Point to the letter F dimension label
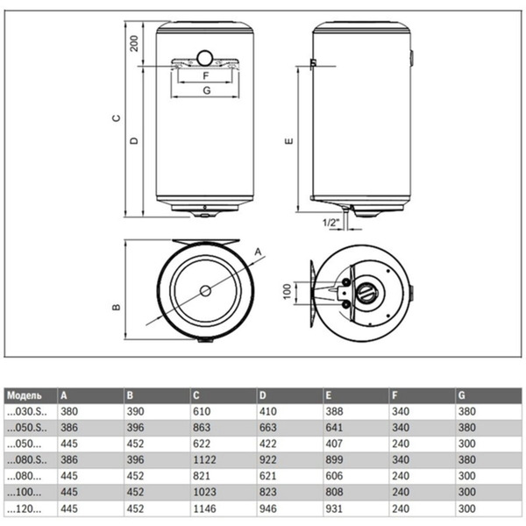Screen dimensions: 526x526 205,76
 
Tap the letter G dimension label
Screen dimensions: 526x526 205,90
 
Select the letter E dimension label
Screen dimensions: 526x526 288,140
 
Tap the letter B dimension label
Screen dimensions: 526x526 116,308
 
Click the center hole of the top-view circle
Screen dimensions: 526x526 204,291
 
